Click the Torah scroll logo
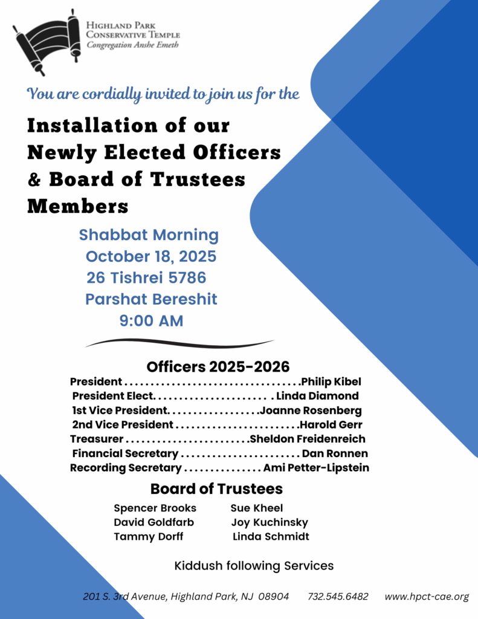pos(47,41)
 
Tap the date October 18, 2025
pos(150,256)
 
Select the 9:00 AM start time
pos(151,321)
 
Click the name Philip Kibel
pos(331,382)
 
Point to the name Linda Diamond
pos(317,397)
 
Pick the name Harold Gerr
pos(332,425)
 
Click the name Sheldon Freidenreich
pos(308,439)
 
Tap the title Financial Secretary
pos(125,453)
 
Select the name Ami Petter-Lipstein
pos(316,468)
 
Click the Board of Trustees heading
pos(216,488)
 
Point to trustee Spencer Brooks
pos(155,508)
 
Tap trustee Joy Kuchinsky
pos(270,522)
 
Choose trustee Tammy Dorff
pos(149,537)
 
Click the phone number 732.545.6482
pos(338,597)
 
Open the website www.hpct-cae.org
pos(427,597)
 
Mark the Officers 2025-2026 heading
pos(218,367)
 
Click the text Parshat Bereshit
pos(151,299)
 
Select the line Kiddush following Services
pos(254,566)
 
